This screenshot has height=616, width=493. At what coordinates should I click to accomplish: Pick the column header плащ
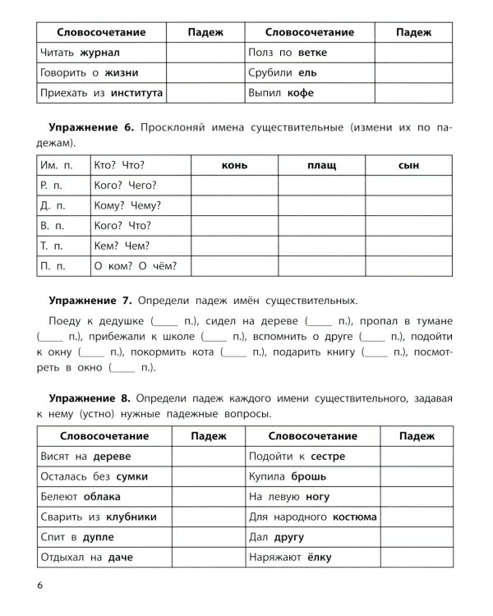tap(321, 165)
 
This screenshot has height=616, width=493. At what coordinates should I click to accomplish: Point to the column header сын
tap(408, 165)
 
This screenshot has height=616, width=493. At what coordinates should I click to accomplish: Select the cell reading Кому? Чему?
tap(128, 205)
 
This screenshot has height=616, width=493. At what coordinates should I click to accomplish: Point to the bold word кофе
tap(300, 93)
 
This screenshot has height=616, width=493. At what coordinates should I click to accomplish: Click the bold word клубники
tap(128, 517)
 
